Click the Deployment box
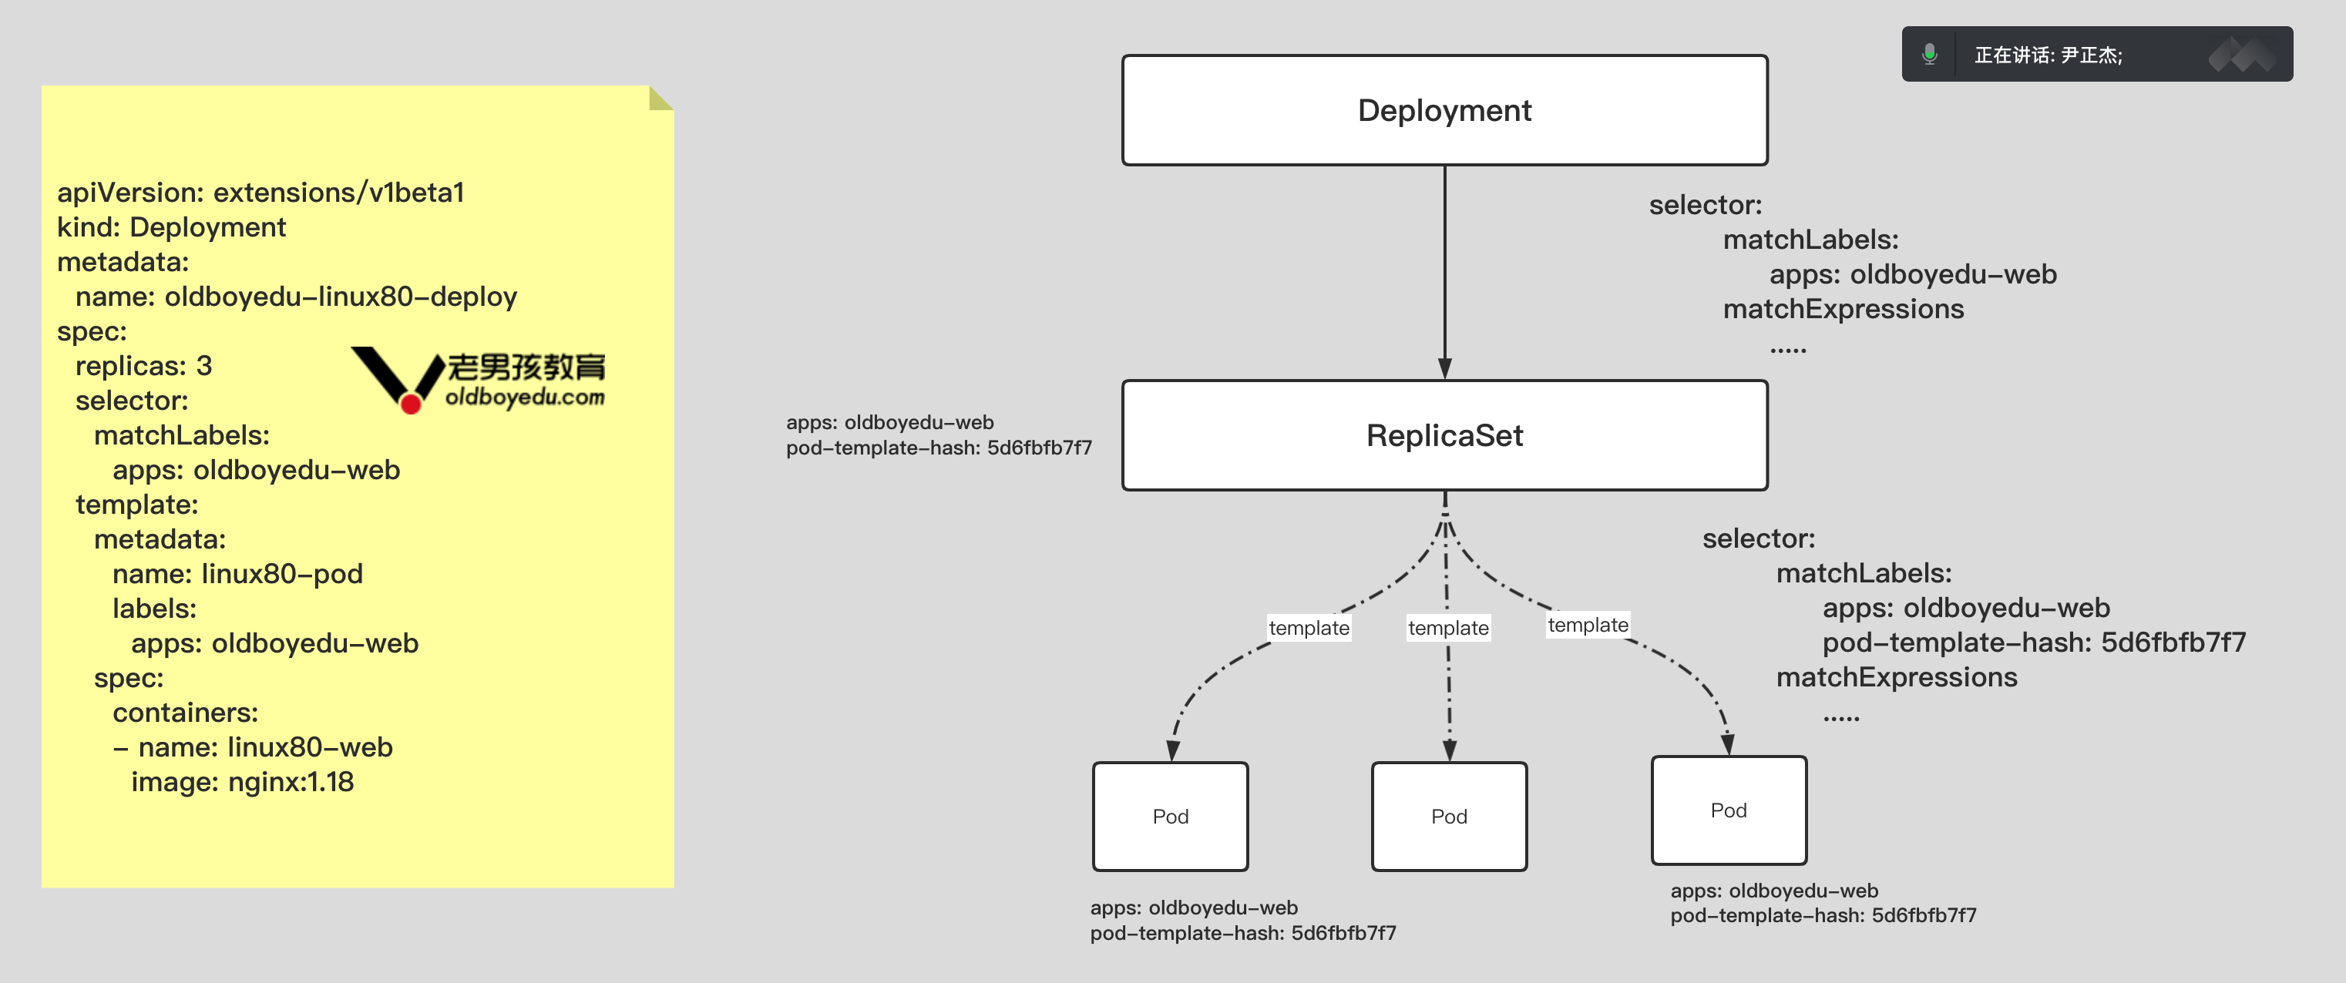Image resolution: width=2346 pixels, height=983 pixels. pyautogui.click(x=1444, y=110)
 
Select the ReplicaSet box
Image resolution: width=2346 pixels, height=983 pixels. pyautogui.click(x=1444, y=435)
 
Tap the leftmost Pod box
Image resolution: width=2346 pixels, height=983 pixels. pyautogui.click(x=1170, y=817)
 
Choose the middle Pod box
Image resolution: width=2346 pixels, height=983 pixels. pyautogui.click(x=1449, y=817)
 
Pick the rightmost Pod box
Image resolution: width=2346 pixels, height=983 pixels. pyautogui.click(x=1729, y=810)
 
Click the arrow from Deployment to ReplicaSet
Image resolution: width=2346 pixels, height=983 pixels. pyautogui.click(x=1444, y=273)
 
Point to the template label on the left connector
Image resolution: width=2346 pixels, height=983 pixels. pyautogui.click(x=1309, y=628)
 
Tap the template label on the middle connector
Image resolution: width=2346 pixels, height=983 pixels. pyautogui.click(x=1448, y=628)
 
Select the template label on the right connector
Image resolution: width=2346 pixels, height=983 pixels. pyautogui.click(x=1588, y=626)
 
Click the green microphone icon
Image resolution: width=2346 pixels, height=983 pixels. pyautogui.click(x=1929, y=55)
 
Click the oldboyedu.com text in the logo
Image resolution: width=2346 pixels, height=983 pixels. pyautogui.click(x=525, y=398)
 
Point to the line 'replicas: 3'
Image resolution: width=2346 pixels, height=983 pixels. pyautogui.click(x=143, y=366)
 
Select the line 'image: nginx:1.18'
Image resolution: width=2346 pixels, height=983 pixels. pyautogui.click(x=242, y=782)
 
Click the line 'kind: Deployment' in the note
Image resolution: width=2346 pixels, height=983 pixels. pyautogui.click(x=171, y=227)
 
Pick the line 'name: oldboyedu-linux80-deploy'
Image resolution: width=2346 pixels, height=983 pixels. pyautogui.click(x=296, y=297)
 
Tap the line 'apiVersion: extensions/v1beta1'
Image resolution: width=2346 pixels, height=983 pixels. pyautogui.click(x=260, y=193)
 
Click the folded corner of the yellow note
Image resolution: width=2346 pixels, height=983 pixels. pyautogui.click(x=660, y=99)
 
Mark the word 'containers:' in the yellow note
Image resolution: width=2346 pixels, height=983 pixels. pyautogui.click(x=185, y=713)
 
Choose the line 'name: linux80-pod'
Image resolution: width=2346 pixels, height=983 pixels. pyautogui.click(x=237, y=575)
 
